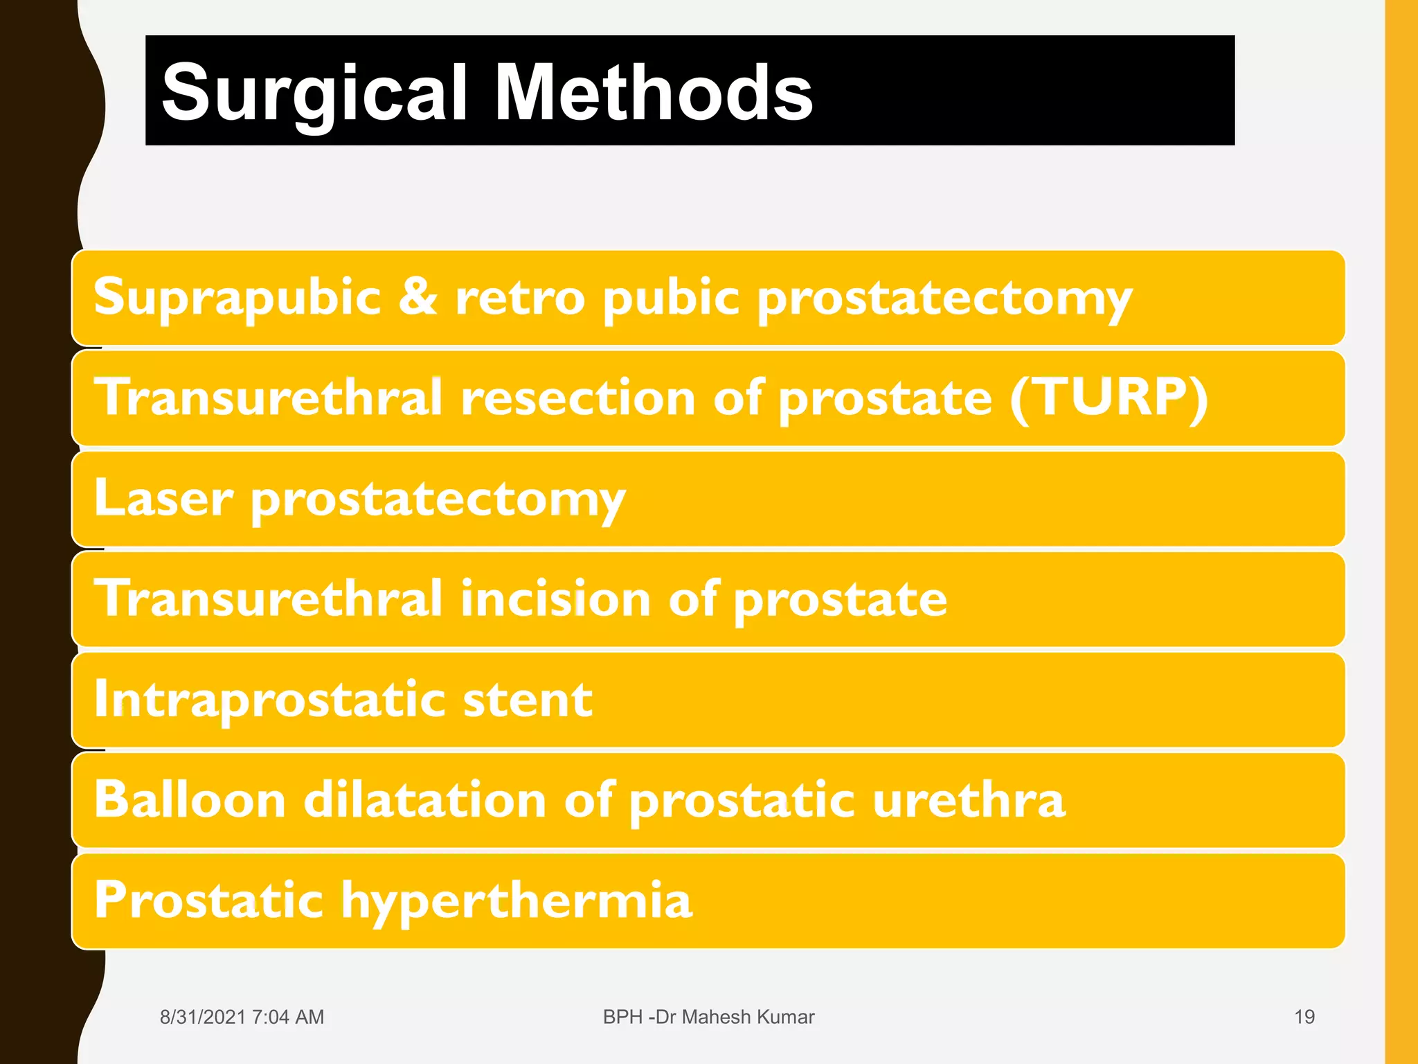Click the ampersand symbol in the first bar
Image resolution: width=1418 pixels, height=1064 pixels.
(x=418, y=296)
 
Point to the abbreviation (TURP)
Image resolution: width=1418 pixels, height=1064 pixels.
(x=1109, y=398)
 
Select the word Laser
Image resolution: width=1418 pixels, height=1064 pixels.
(x=163, y=498)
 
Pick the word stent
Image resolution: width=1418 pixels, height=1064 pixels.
(x=528, y=700)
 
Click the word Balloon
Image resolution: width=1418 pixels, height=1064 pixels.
(x=190, y=799)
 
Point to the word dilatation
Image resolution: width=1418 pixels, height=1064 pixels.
(x=425, y=799)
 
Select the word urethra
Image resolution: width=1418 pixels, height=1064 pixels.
(x=969, y=799)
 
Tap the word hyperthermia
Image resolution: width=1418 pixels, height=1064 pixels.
(x=517, y=901)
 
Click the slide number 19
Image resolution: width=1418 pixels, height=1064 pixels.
(x=1304, y=1017)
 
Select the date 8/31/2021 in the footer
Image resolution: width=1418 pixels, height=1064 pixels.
(x=202, y=1017)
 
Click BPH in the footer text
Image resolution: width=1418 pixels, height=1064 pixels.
(x=622, y=1017)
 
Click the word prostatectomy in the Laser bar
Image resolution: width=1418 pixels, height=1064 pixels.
(x=438, y=499)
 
